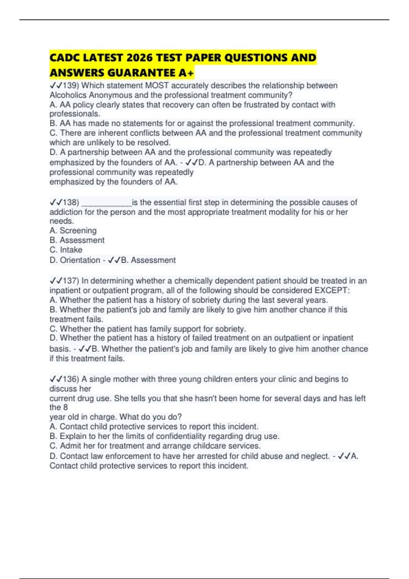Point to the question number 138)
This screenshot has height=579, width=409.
point(71,203)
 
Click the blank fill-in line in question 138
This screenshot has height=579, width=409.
point(106,203)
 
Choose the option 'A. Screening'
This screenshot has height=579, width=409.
point(73,231)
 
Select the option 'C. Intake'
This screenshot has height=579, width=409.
point(66,250)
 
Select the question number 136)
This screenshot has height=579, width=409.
point(71,379)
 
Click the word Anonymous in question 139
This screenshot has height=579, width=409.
point(110,95)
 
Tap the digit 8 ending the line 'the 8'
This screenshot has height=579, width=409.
point(65,407)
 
